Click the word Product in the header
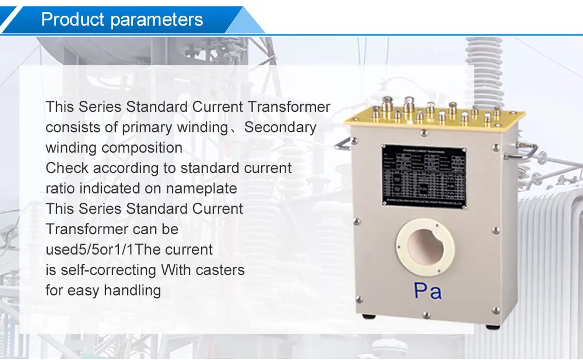click(73, 20)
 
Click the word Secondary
click(280, 128)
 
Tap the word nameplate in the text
click(202, 189)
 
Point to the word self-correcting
click(108, 270)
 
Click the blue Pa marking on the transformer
click(427, 290)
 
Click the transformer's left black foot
click(368, 316)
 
